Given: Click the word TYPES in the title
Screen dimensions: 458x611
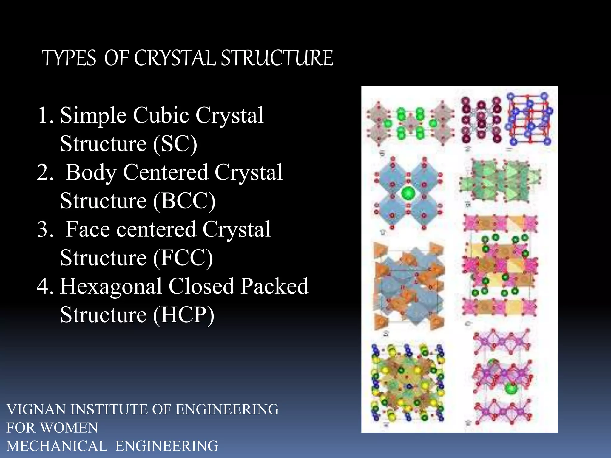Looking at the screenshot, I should [x=69, y=58].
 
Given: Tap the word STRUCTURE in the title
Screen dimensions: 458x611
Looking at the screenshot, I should [x=277, y=58].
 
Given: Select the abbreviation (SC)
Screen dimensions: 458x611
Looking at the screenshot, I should [x=175, y=144].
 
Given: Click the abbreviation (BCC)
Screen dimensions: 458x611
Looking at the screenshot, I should [x=184, y=201].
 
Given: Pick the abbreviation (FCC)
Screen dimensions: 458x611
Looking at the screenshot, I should [x=183, y=258].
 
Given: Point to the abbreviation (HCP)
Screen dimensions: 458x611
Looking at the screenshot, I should [x=183, y=315].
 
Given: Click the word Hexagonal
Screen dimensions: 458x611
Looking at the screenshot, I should [x=111, y=286].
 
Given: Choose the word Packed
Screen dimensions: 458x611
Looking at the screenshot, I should [x=274, y=286].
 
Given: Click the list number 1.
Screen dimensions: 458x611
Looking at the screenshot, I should [x=45, y=115].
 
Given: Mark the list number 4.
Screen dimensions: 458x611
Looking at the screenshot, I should [x=45, y=286].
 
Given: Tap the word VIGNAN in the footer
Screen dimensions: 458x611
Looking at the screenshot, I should [x=36, y=409].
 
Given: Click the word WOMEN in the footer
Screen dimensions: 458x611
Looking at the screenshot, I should [x=69, y=428].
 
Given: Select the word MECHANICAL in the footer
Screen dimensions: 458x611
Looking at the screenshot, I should [x=57, y=446].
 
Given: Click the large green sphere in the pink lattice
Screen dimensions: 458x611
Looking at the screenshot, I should [x=511, y=389].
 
